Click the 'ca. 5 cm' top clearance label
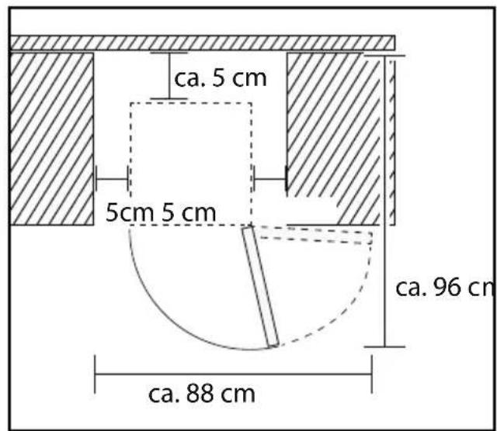(221, 78)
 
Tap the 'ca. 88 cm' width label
(202, 394)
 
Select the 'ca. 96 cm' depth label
(445, 288)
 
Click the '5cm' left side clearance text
(130, 212)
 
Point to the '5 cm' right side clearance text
(189, 212)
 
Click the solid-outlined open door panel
(261, 287)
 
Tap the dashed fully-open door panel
(315, 236)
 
